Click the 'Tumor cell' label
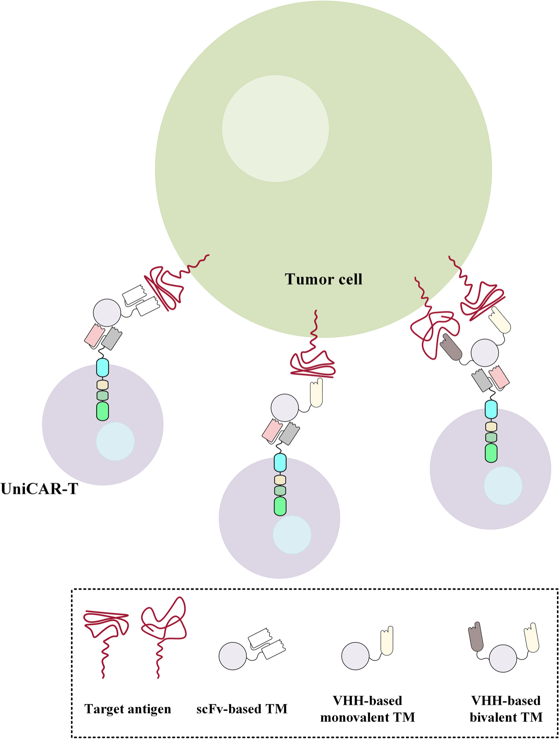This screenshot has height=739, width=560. click(323, 279)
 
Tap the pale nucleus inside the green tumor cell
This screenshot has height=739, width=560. click(275, 128)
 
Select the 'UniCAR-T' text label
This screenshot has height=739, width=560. click(39, 489)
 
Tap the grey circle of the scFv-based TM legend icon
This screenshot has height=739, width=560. click(233, 656)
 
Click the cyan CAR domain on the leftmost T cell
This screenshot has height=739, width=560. click(103, 367)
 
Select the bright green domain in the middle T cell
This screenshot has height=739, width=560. click(280, 506)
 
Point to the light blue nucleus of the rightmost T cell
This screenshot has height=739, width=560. click(503, 485)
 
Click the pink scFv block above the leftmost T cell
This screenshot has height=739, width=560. click(94, 335)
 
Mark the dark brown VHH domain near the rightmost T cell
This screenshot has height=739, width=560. click(451, 347)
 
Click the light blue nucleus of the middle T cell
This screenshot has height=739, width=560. click(292, 535)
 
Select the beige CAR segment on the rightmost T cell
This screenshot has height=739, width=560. click(491, 427)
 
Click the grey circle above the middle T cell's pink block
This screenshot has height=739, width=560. click(285, 407)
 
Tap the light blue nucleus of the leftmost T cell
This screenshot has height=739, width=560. click(115, 441)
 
